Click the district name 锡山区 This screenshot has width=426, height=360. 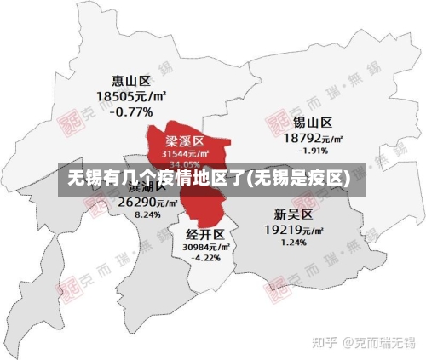tap(313, 123)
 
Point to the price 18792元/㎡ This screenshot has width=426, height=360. tap(313, 138)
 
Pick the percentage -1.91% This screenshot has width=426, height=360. tap(313, 151)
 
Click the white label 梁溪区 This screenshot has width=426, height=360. tap(185, 140)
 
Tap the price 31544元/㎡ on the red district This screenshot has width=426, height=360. tap(185, 153)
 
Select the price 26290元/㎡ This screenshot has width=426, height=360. tap(147, 203)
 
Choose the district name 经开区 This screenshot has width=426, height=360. tap(205, 234)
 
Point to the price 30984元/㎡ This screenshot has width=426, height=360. tap(206, 247)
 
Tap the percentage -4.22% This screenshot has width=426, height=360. tap(206, 258)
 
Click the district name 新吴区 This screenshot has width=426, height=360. tap(293, 214)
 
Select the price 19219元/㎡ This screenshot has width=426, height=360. tap(293, 230)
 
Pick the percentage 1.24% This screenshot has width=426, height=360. tap(293, 243)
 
